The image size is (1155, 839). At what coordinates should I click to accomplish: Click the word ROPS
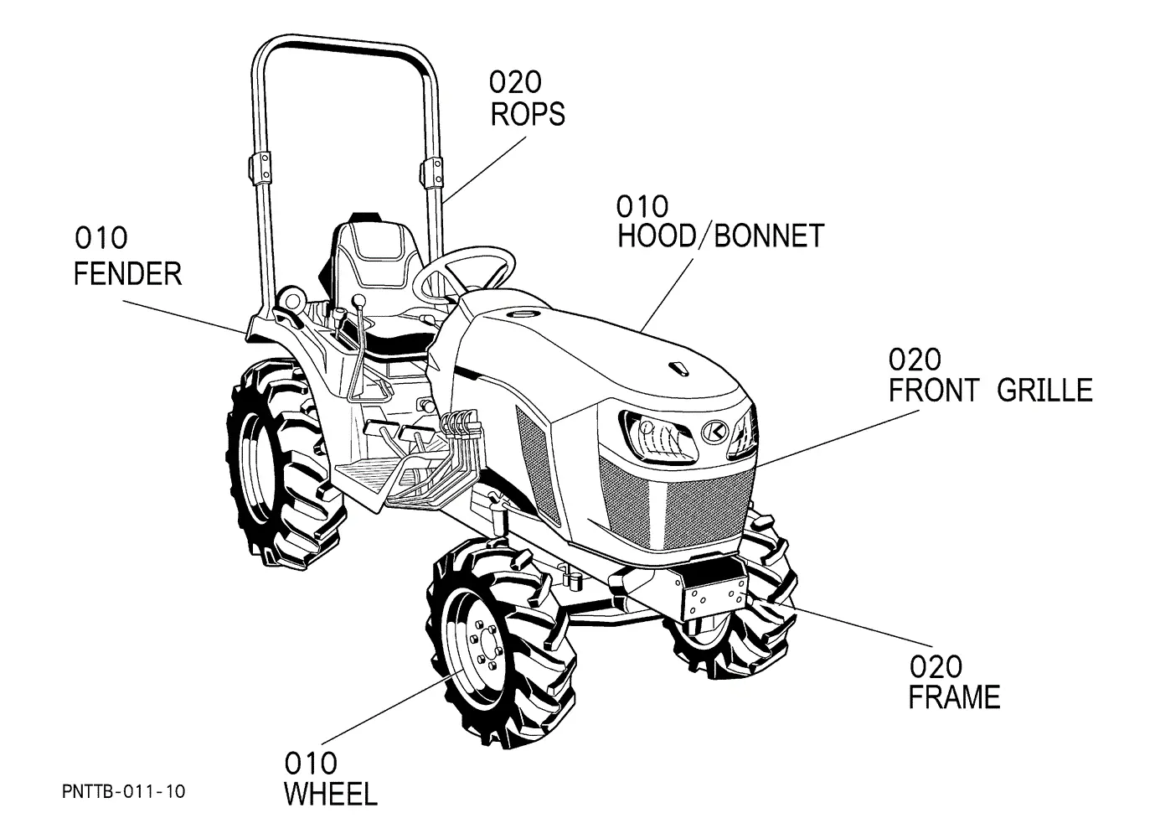click(528, 114)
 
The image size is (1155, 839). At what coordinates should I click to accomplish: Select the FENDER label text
click(128, 273)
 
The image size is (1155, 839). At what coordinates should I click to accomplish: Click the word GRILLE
click(1044, 390)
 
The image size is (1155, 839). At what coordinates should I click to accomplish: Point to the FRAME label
click(954, 697)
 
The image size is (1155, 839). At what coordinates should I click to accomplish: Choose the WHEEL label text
click(331, 794)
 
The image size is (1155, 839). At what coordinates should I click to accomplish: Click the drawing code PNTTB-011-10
click(123, 791)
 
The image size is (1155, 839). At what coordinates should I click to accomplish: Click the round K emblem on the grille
click(714, 431)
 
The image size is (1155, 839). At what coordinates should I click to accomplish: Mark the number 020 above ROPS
click(515, 82)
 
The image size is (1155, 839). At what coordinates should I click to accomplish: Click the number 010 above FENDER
click(101, 238)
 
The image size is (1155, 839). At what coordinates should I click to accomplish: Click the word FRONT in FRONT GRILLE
click(933, 390)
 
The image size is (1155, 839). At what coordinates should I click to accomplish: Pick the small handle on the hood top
click(678, 369)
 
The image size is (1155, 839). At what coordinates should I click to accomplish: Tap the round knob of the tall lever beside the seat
click(358, 300)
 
